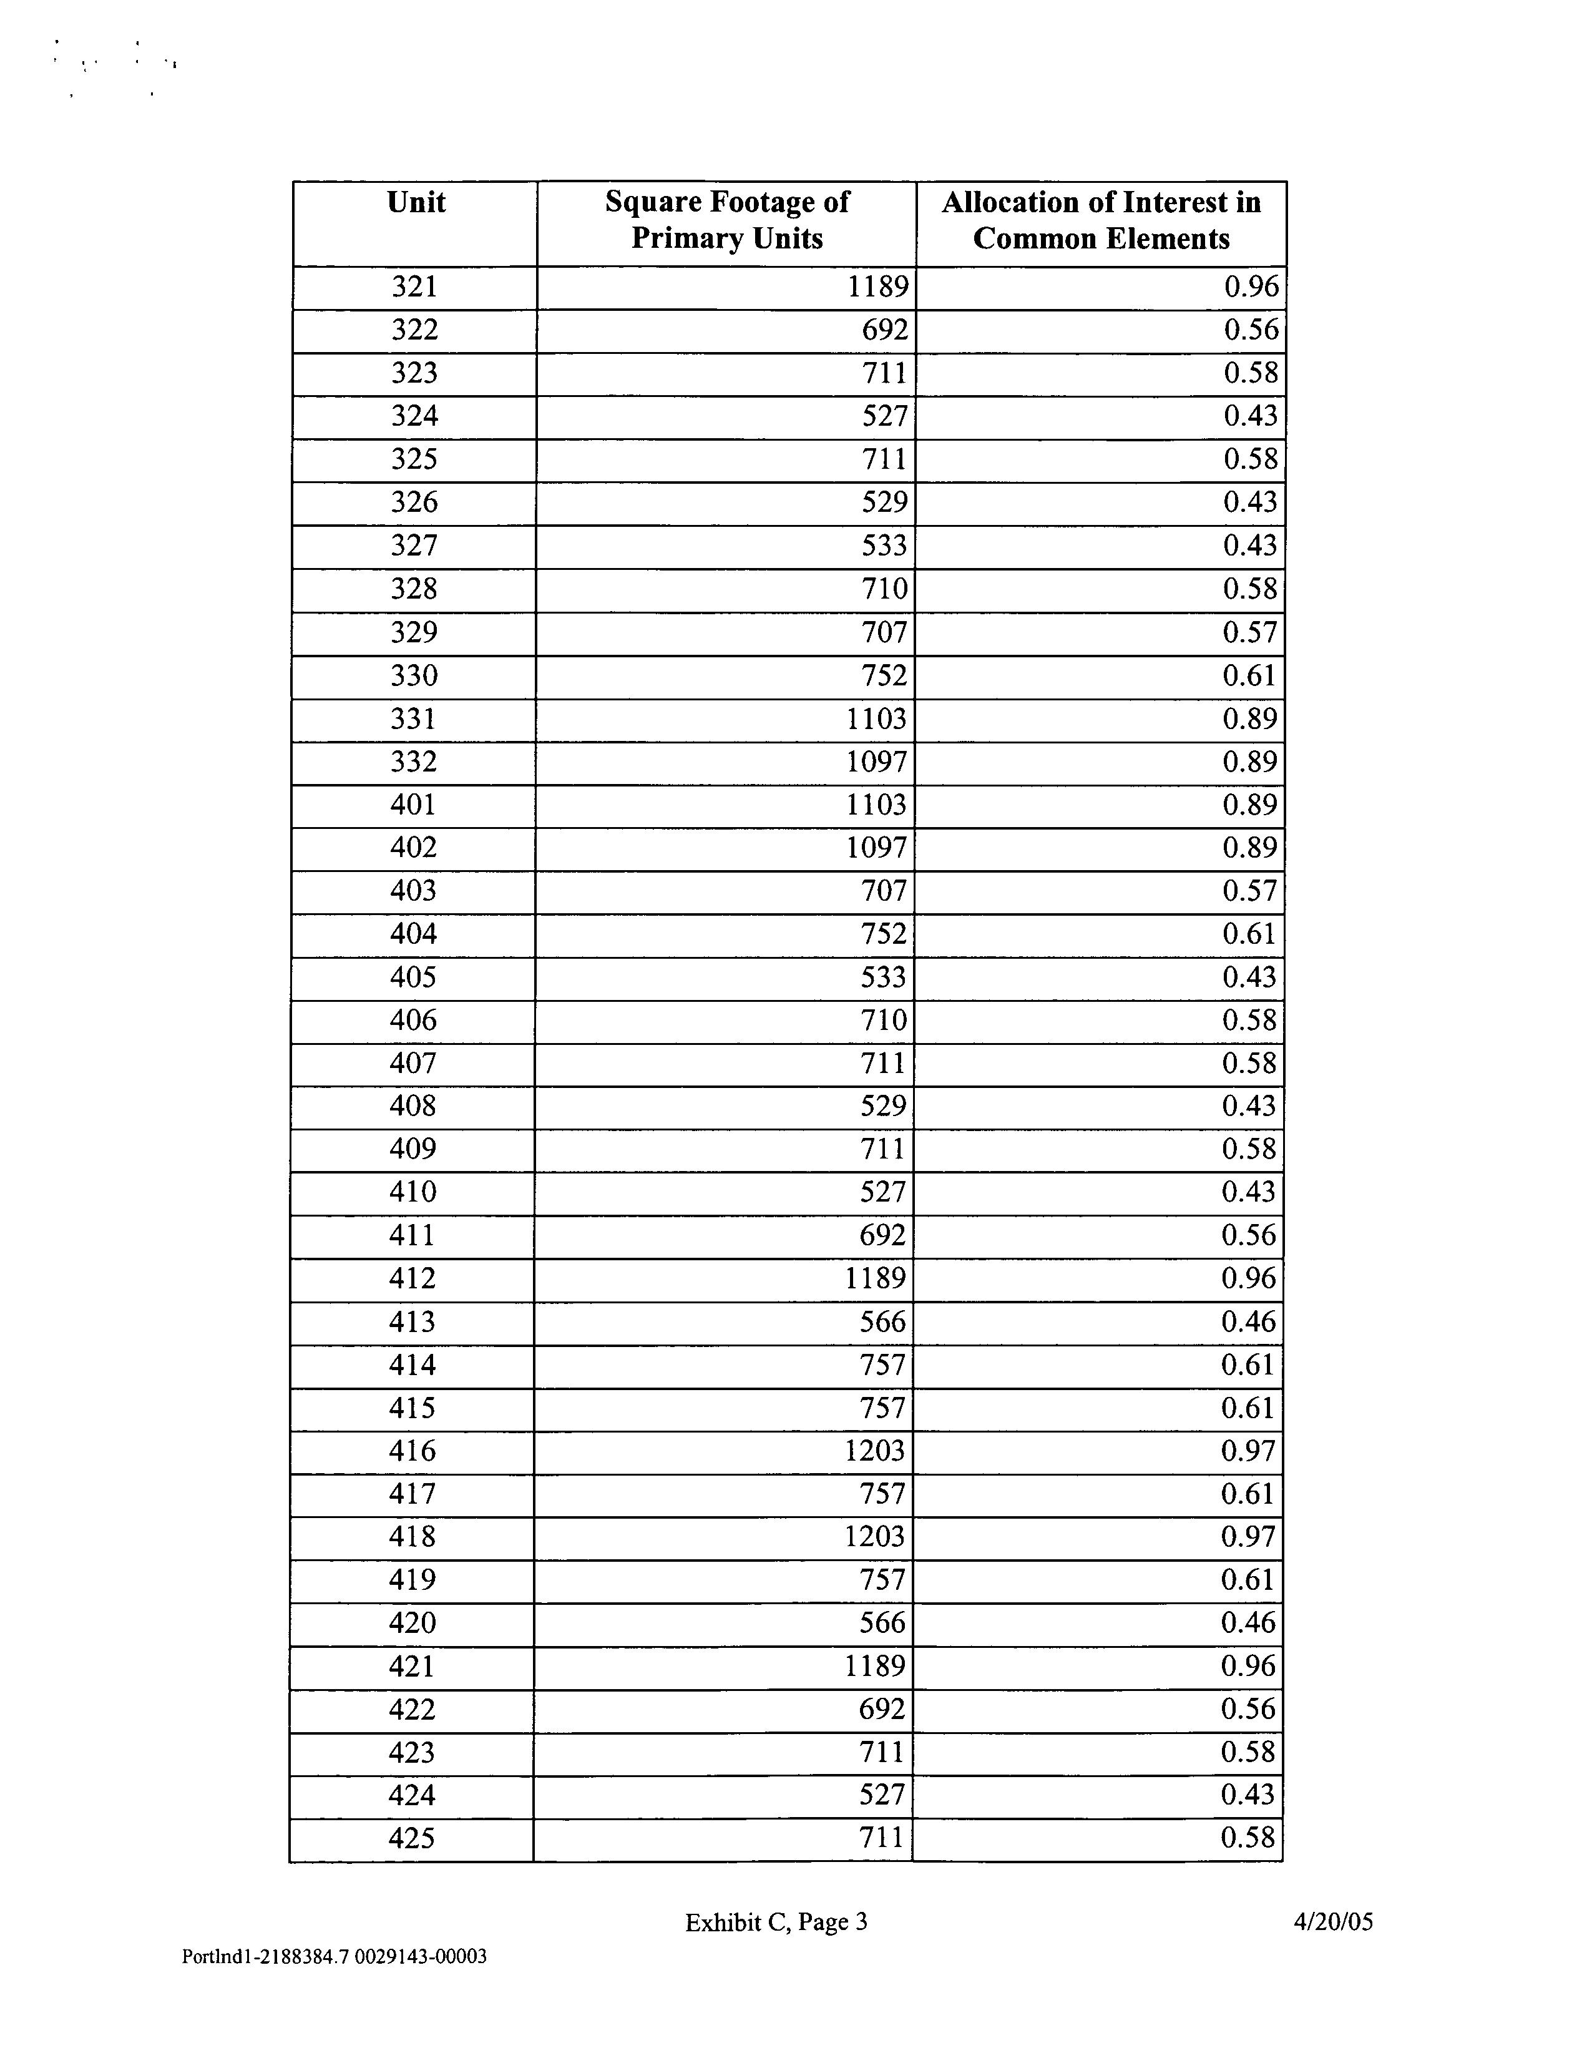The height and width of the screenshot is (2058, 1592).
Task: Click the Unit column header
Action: (x=416, y=203)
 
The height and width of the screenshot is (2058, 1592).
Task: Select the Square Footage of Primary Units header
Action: (x=726, y=220)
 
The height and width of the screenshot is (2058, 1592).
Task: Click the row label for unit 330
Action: (x=414, y=675)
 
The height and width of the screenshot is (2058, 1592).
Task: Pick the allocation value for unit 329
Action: (x=1250, y=632)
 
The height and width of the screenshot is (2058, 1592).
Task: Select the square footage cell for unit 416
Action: (x=874, y=1450)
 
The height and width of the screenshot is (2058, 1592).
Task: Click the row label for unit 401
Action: (x=414, y=805)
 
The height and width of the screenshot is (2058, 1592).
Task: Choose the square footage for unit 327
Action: (x=884, y=546)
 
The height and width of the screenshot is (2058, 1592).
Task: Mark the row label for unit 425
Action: (x=412, y=1838)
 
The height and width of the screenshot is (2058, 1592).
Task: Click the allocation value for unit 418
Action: (x=1248, y=1537)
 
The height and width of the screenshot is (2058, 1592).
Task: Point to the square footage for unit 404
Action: (x=882, y=934)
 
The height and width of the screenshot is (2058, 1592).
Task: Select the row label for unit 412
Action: (x=413, y=1279)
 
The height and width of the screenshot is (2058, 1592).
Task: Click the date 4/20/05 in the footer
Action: (x=1333, y=1921)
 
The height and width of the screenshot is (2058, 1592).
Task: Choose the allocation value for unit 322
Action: (x=1251, y=330)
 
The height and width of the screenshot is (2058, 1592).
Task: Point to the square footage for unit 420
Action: (x=882, y=1623)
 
